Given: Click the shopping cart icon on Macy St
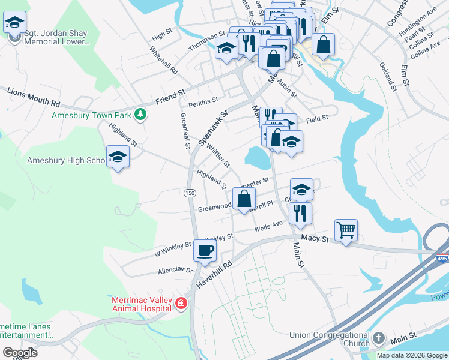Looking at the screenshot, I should pyautogui.click(x=346, y=230).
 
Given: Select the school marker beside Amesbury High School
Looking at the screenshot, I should pyautogui.click(x=118, y=158).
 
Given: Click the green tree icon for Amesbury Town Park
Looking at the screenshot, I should pyautogui.click(x=140, y=114).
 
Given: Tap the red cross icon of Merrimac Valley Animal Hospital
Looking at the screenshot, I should pyautogui.click(x=181, y=305).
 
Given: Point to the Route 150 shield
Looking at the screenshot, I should pyautogui.click(x=190, y=193).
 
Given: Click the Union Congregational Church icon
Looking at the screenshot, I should pyautogui.click(x=378, y=338).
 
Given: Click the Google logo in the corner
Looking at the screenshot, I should pyautogui.click(x=19, y=352).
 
